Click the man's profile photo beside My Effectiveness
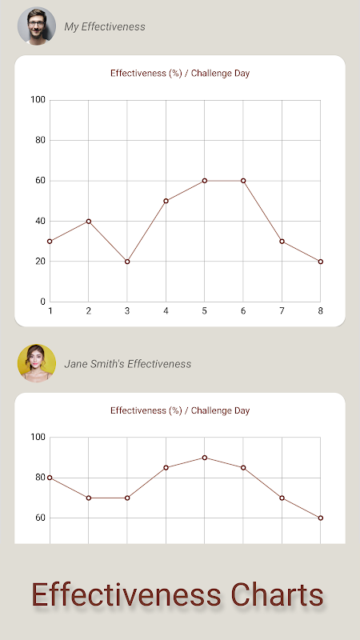tap(37, 26)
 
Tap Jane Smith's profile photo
tap(37, 363)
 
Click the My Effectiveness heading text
tap(105, 27)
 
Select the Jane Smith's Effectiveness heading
tap(128, 364)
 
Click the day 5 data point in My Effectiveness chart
tap(205, 181)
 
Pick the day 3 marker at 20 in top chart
tap(127, 262)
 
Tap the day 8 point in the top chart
tap(321, 262)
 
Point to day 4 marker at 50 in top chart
tap(166, 201)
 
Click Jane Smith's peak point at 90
tap(205, 458)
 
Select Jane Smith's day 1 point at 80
tap(50, 478)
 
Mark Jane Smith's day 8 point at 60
tap(321, 518)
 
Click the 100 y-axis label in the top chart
tap(38, 99)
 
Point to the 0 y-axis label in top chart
tap(43, 302)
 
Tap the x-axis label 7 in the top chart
tap(282, 311)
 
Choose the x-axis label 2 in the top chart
tap(89, 311)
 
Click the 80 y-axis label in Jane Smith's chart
tap(40, 477)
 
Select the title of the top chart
tap(180, 74)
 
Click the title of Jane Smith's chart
tap(180, 410)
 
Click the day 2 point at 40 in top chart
tap(89, 222)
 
